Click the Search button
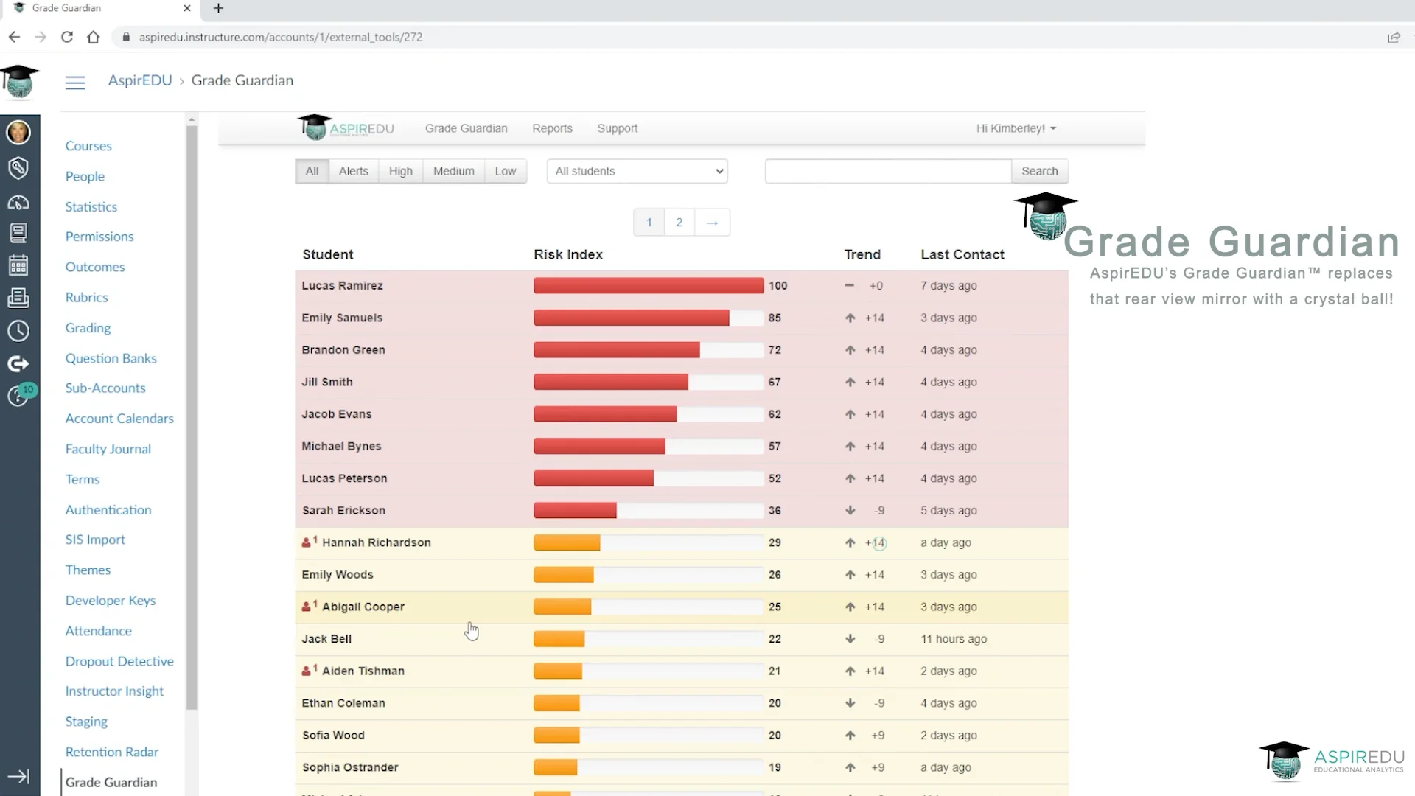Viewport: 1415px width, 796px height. click(1039, 171)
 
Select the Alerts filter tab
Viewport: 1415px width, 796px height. click(353, 171)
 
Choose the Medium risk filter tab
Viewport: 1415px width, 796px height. click(453, 171)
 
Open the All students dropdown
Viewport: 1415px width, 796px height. click(637, 171)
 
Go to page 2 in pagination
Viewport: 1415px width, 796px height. click(679, 222)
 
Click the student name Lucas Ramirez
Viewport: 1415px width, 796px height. click(342, 286)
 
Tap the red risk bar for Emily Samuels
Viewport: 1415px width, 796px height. click(631, 318)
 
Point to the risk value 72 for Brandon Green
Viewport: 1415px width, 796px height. click(775, 350)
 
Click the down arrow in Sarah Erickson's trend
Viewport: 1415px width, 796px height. click(850, 510)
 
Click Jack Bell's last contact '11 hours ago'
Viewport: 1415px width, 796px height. click(954, 639)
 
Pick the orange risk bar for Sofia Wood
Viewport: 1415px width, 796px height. click(556, 736)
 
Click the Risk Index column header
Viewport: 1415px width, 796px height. click(567, 254)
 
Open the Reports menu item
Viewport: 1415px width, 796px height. click(552, 128)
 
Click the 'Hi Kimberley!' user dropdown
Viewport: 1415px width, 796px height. click(1016, 128)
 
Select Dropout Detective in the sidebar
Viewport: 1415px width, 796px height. click(119, 661)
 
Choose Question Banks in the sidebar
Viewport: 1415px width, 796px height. click(111, 358)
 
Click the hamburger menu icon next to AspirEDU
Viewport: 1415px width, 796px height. click(75, 83)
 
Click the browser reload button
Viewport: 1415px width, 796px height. click(67, 37)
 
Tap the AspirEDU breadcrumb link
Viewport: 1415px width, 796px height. click(140, 80)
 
